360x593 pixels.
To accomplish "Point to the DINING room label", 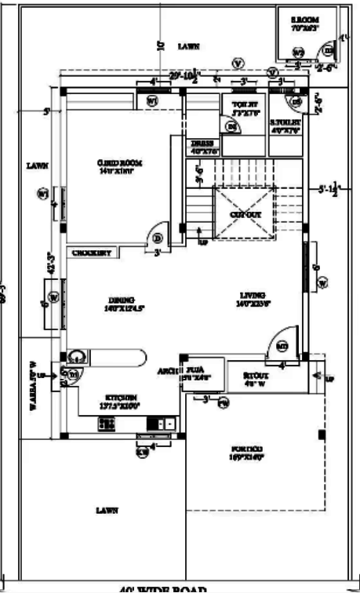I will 122,300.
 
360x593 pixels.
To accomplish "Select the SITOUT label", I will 254,375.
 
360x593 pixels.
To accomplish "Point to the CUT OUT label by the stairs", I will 245,213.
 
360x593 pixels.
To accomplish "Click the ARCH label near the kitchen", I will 166,369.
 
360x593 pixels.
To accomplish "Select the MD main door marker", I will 282,344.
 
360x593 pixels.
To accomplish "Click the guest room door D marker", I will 157,238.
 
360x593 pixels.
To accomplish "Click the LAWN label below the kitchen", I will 106,510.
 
